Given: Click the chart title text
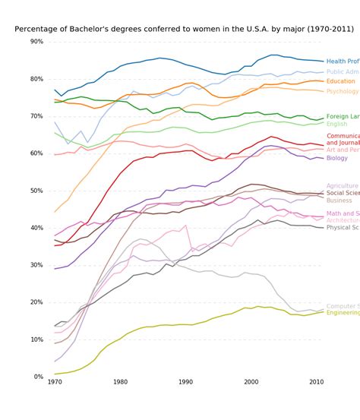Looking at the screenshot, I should (184, 29).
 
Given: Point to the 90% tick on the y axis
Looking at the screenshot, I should (36, 42).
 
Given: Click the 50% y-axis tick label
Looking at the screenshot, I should (36, 191).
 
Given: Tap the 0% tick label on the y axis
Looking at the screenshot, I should (39, 377).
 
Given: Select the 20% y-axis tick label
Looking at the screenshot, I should (36, 302).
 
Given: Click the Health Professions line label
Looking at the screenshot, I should (343, 62).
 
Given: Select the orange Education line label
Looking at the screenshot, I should (341, 81).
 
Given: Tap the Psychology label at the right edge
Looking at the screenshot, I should (343, 91).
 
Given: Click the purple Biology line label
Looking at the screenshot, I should (337, 158).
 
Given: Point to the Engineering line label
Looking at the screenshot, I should (343, 312).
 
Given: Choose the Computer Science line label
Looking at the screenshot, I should (343, 306).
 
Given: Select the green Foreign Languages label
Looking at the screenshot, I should (343, 117).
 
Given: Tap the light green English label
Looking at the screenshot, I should (336, 124).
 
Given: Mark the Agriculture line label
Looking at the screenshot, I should (342, 185).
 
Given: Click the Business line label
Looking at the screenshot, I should (339, 201).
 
